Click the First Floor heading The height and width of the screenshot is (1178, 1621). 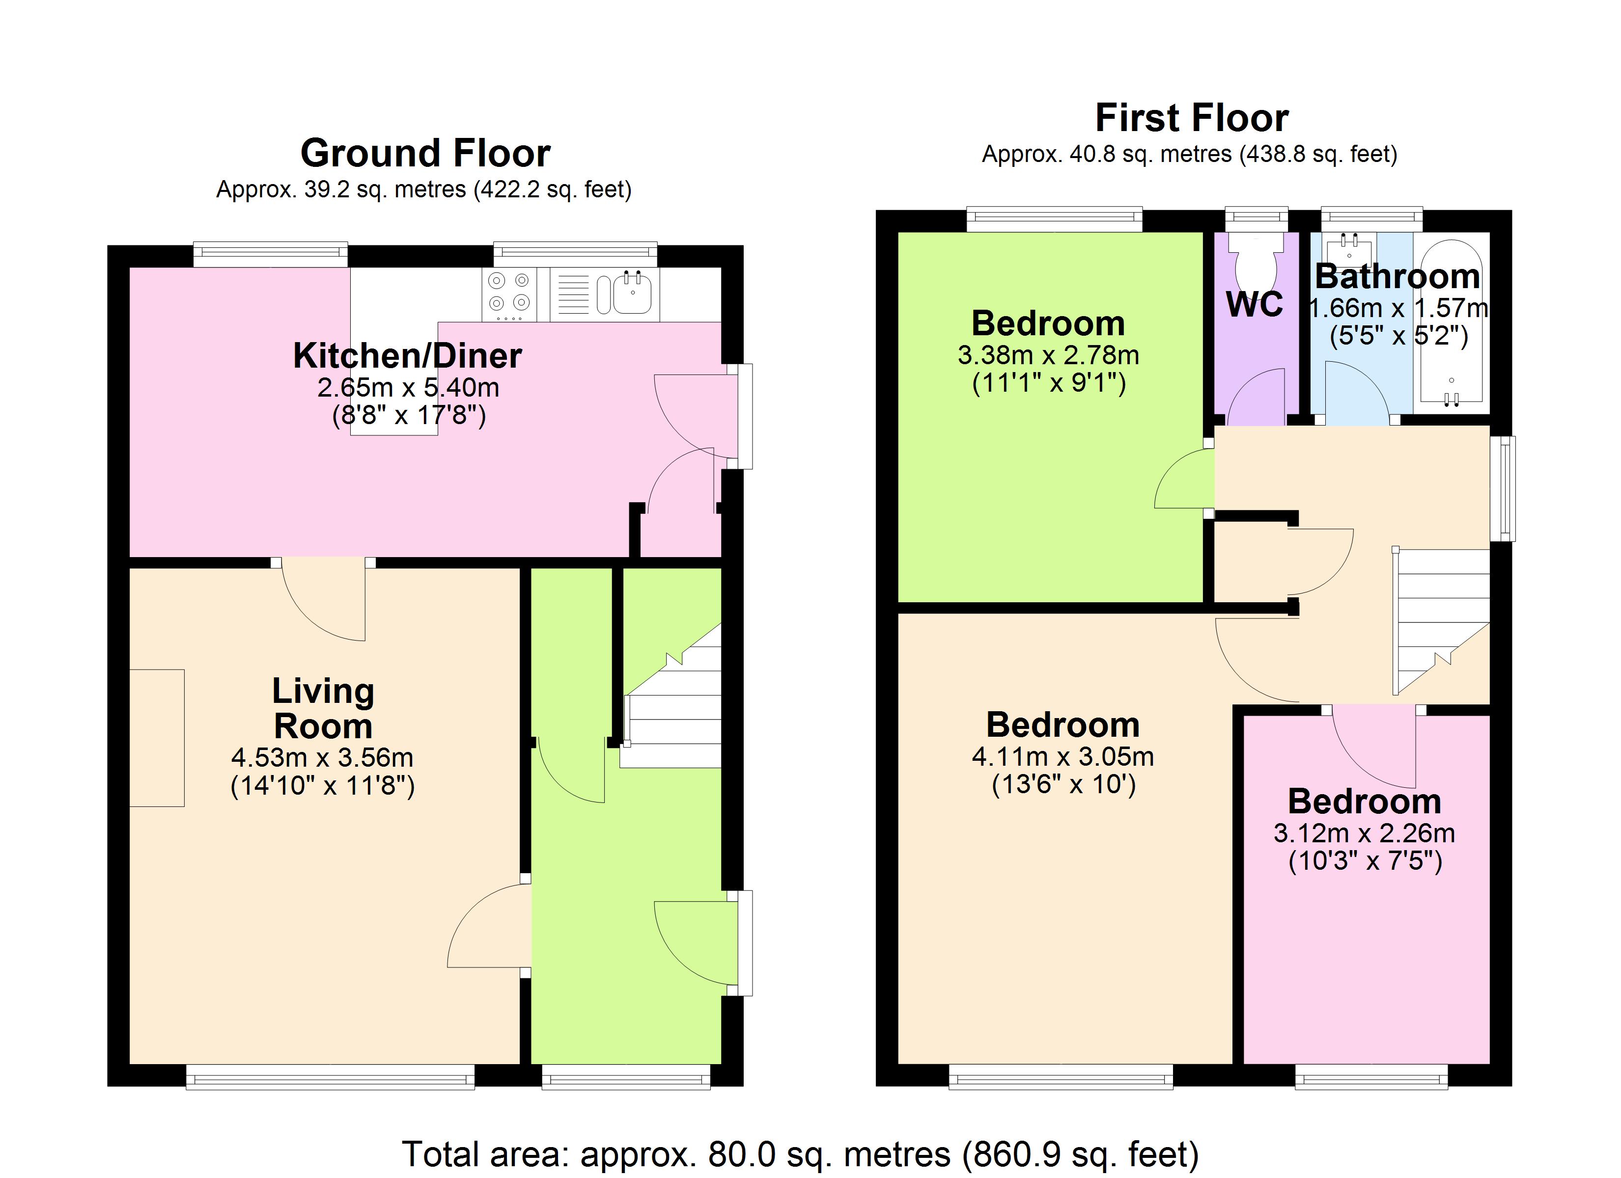click(1192, 118)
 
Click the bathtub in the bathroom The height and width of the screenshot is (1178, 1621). click(1451, 321)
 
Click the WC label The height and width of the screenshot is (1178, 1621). click(1255, 305)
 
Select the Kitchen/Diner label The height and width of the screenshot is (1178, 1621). click(407, 356)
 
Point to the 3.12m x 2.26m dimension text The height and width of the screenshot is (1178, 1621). click(1364, 833)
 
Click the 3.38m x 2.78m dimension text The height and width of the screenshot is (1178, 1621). click(1048, 355)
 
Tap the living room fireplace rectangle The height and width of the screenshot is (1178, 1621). click(157, 738)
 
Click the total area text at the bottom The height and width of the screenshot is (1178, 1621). click(800, 1154)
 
